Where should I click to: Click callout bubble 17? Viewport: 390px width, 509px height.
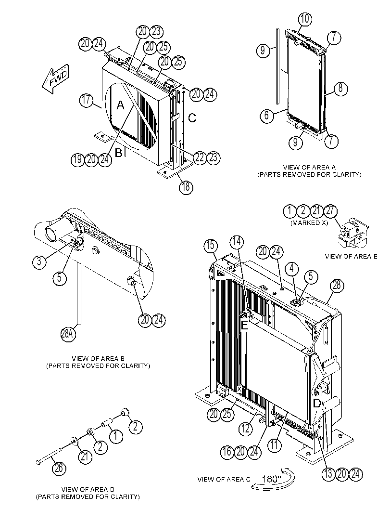coord(86,100)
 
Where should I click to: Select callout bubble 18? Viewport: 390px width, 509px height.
coord(186,187)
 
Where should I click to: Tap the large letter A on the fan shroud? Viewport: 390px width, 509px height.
coord(120,105)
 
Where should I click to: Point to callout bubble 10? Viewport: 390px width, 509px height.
coord(305,19)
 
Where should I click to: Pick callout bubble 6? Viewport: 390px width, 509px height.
coord(267,115)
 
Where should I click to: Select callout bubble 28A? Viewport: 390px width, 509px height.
coord(67,333)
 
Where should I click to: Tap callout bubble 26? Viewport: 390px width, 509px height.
coord(60,468)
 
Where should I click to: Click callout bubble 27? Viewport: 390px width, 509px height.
coord(330,210)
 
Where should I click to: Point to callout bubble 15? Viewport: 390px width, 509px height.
coord(211,245)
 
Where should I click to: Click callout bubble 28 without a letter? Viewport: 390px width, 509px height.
coord(337,286)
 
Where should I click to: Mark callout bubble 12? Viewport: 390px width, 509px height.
coord(245,429)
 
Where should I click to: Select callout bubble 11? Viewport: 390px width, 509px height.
coord(275,445)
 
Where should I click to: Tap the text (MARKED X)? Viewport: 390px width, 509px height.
coord(310,223)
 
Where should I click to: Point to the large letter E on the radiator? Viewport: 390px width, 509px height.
coord(244,325)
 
